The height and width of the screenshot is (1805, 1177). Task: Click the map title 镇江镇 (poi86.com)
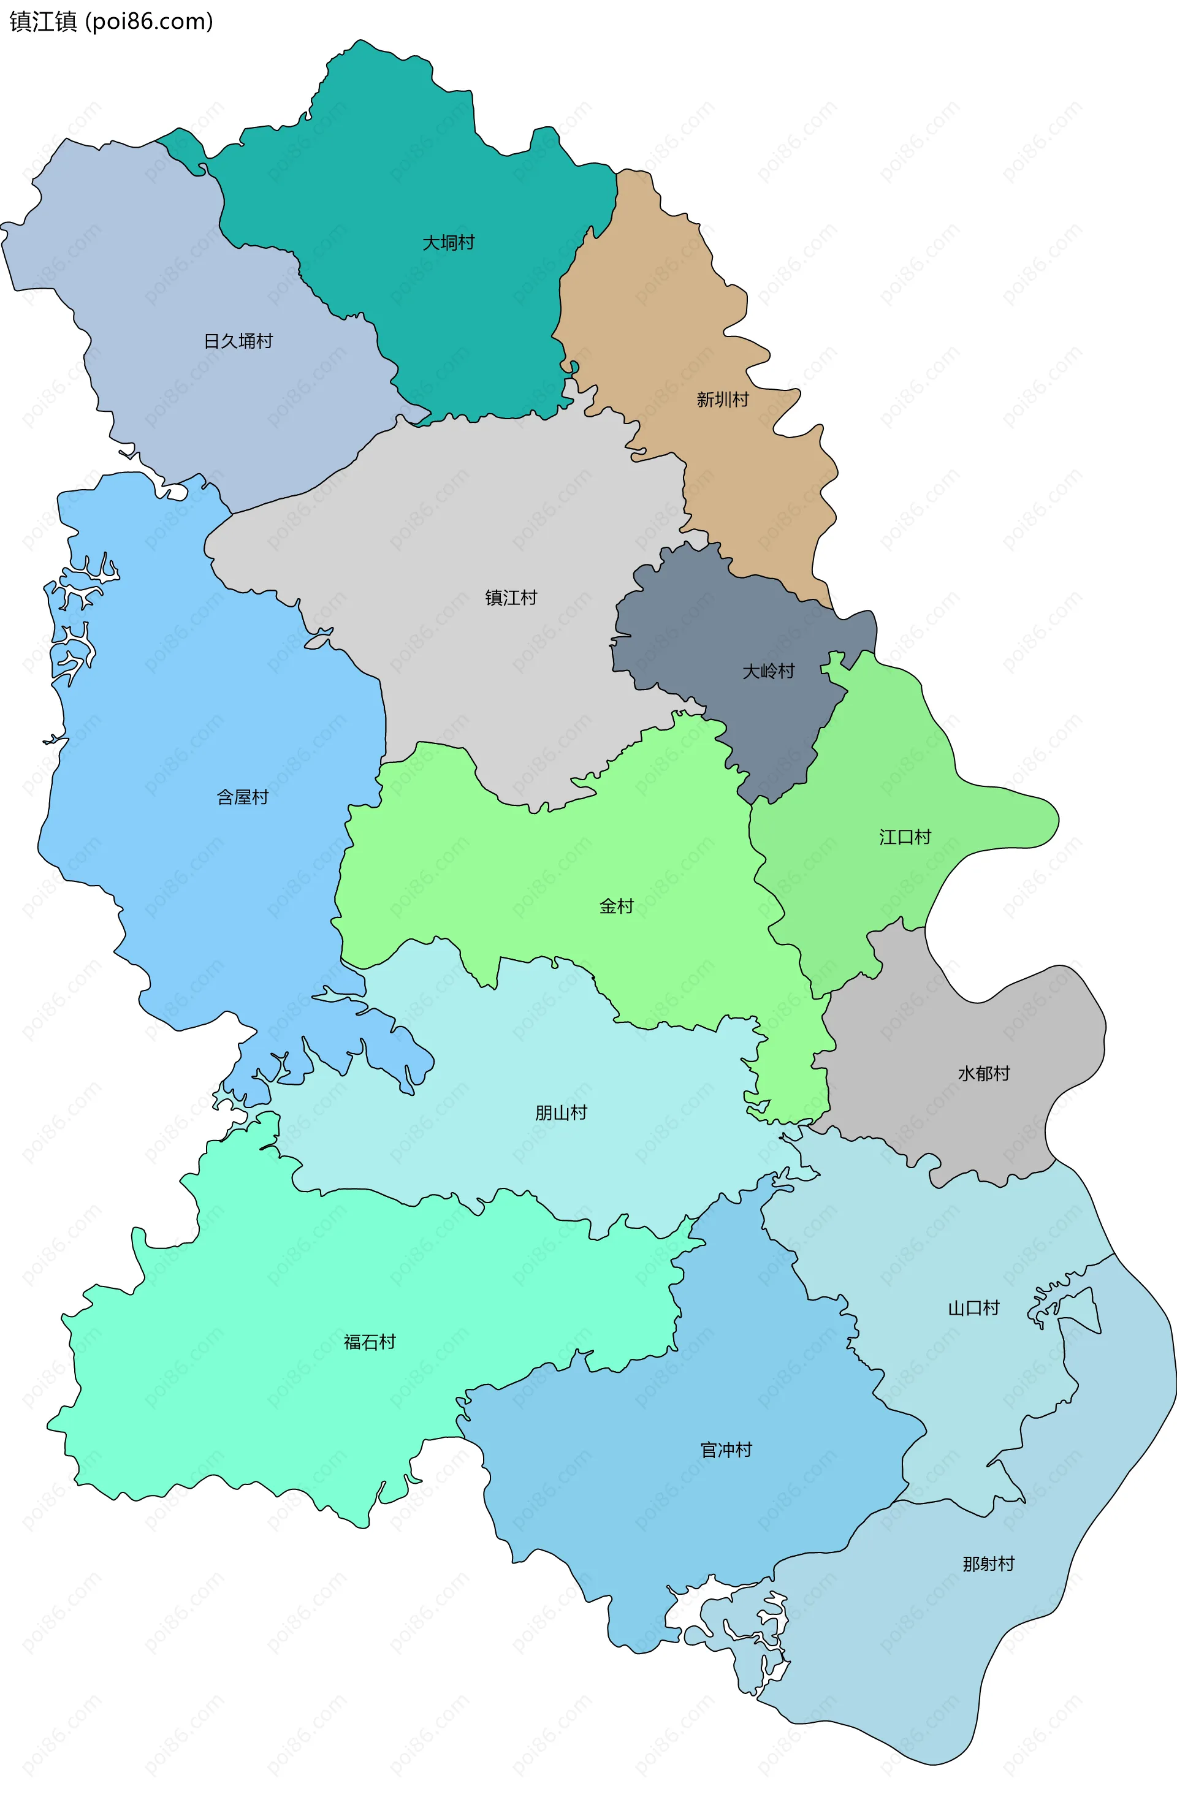111,21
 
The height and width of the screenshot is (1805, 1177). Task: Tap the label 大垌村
448,243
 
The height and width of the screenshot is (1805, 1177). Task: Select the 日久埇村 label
238,341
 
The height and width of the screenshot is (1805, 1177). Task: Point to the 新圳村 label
722,400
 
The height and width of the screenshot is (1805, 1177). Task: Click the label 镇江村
511,598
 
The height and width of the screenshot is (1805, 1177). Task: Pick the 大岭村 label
768,671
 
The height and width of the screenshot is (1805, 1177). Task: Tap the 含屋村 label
243,797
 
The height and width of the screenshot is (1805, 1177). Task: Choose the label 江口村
905,837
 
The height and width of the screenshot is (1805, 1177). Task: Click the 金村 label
616,906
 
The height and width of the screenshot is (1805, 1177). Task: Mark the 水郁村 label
984,1073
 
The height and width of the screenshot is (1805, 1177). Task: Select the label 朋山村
561,1112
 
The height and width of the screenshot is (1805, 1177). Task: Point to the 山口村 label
973,1307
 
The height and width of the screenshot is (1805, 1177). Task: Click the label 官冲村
726,1450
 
